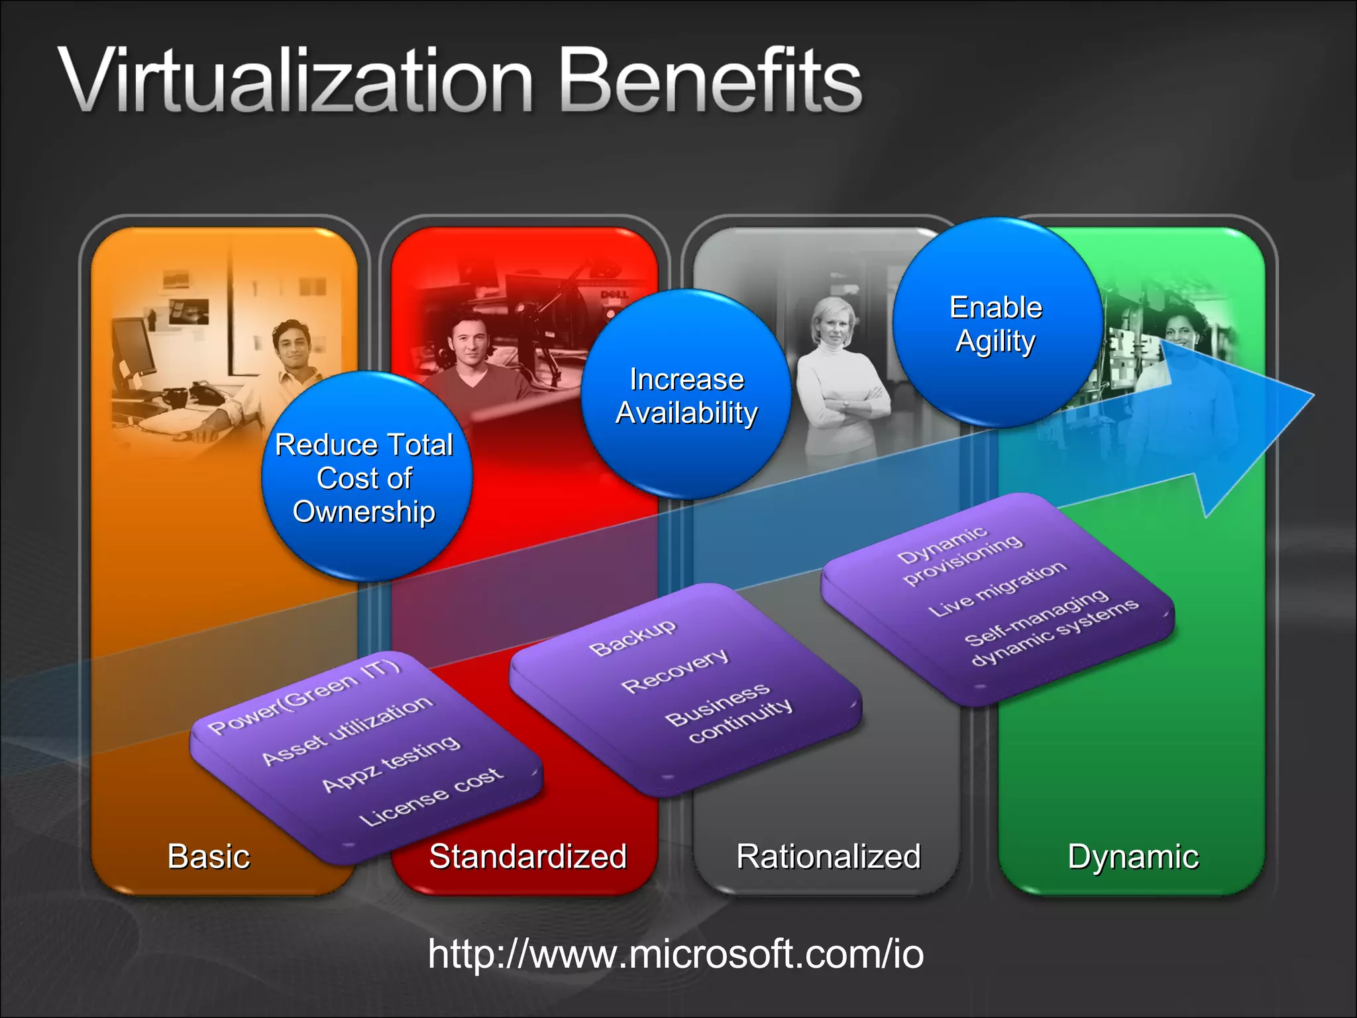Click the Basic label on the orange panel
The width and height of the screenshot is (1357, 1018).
pyautogui.click(x=209, y=856)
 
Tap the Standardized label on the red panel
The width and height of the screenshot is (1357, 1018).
pyautogui.click(x=528, y=856)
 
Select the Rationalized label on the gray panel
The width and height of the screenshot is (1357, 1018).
pyautogui.click(x=828, y=856)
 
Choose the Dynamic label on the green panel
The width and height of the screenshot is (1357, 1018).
pyautogui.click(x=1133, y=856)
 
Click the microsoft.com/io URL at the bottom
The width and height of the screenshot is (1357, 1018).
pyautogui.click(x=676, y=954)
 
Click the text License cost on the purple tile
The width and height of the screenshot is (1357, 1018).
pyautogui.click(x=431, y=797)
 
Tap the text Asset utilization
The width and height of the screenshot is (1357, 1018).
pyautogui.click(x=347, y=730)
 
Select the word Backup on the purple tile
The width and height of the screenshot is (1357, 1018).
pyautogui.click(x=633, y=637)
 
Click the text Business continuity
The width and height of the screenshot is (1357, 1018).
pyautogui.click(x=729, y=712)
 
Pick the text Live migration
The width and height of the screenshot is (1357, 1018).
pyautogui.click(x=997, y=589)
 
